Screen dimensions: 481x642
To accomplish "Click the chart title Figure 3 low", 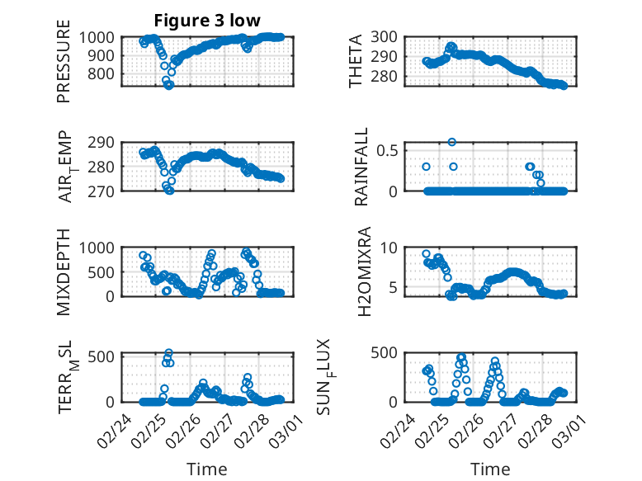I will pos(209,21).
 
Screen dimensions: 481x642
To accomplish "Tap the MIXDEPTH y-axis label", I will pos(64,271).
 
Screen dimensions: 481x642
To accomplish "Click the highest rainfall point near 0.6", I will pos(452,142).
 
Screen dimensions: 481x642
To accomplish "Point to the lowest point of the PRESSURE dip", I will pos(169,85).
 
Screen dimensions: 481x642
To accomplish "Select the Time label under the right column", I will pos(490,469).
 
